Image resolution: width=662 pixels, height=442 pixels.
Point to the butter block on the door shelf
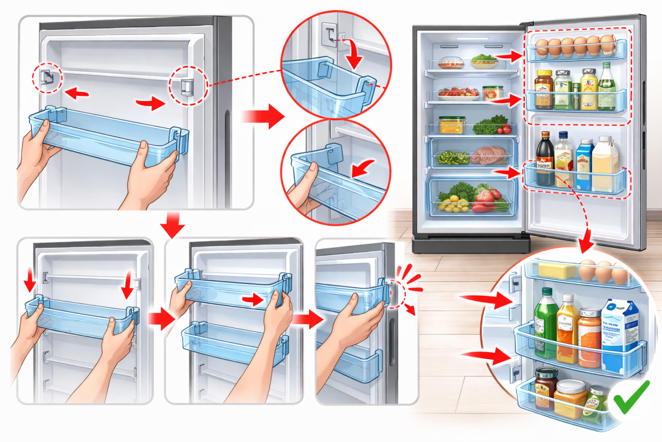click(x=557, y=269)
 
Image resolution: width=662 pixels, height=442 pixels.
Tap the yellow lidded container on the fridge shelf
click(x=452, y=124)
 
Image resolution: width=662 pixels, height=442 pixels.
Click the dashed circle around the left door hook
click(x=48, y=78)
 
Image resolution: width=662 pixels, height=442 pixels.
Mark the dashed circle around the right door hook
click(x=186, y=85)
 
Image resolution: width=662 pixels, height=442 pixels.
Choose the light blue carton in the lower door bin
click(x=584, y=164)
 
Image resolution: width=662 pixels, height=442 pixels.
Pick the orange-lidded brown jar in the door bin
click(x=545, y=82)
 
